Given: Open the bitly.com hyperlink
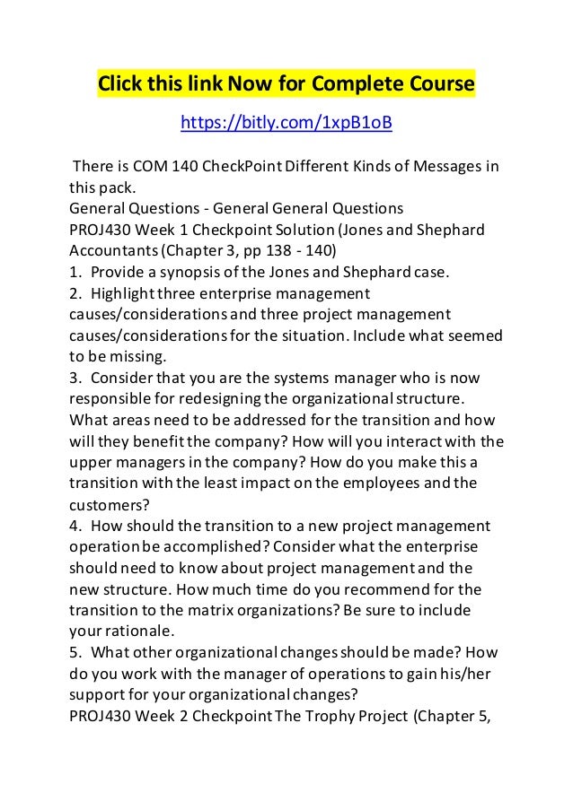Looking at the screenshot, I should tap(286, 121).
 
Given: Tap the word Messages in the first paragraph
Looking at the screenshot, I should tap(438, 168).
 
